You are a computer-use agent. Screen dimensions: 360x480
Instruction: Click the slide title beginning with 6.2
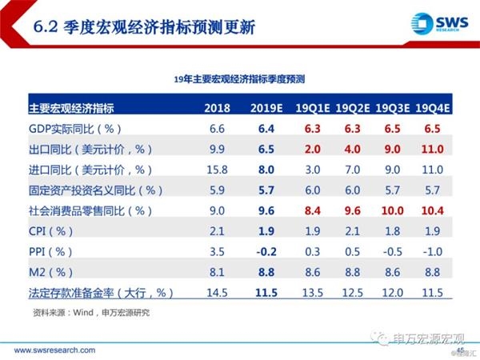pyautogui.click(x=145, y=27)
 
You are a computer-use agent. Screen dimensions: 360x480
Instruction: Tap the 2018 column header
pyautogui.click(x=218, y=107)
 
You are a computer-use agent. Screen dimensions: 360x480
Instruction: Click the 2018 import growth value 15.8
pyautogui.click(x=218, y=169)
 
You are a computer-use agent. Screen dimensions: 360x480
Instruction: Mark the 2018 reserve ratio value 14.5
pyautogui.click(x=218, y=293)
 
